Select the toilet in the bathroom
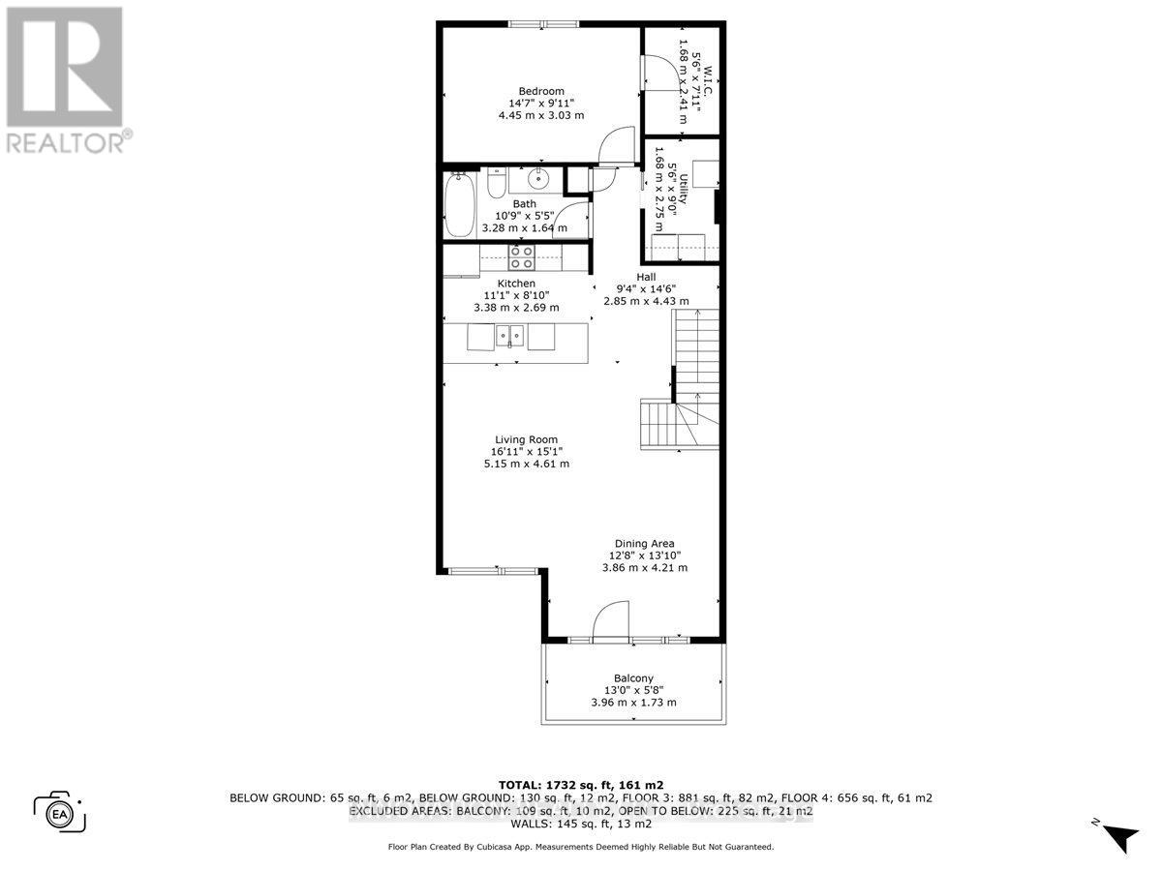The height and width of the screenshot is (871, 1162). pos(495,182)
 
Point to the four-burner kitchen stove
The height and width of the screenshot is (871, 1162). pos(522,256)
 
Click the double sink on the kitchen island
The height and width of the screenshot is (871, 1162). pos(509,336)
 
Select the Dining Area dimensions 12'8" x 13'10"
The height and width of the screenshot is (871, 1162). pos(644,556)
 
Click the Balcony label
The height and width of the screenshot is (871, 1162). pos(633,677)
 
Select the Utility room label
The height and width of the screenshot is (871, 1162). pos(683,184)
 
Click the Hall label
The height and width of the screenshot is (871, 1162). pos(646,276)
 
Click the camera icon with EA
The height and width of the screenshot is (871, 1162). pos(60,811)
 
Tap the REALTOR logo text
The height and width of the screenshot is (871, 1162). pos(65,142)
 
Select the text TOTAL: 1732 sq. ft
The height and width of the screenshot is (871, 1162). pos(580,784)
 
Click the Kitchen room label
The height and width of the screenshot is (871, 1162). pos(516,284)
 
